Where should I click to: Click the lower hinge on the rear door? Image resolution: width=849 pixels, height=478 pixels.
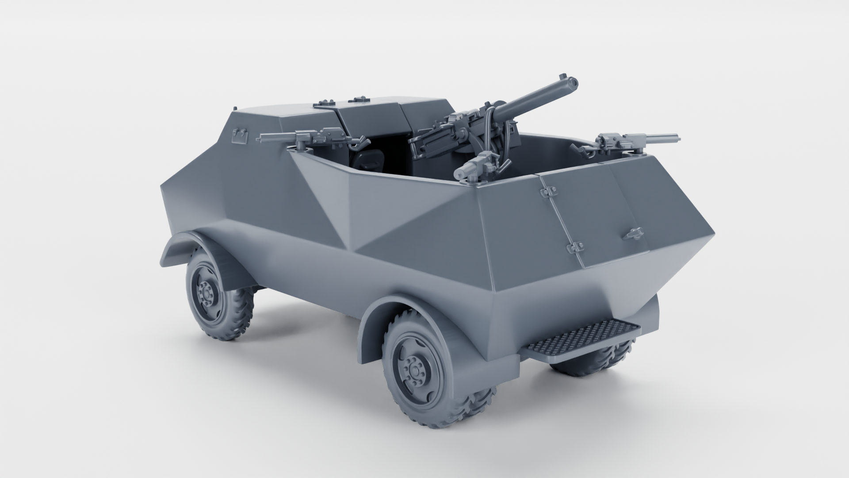574,247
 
